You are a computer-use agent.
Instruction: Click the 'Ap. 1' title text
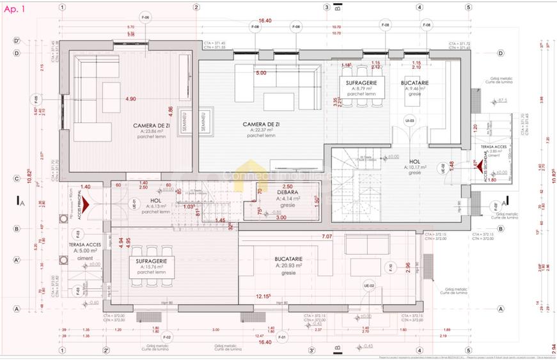coord(15,9)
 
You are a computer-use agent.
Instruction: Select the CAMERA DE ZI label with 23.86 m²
coord(151,125)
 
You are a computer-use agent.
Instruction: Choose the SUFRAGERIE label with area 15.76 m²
coord(151,262)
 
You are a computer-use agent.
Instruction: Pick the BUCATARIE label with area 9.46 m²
coord(415,84)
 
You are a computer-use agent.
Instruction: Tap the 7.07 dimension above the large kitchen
coord(327,237)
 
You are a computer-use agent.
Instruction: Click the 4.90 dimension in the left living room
coord(130,99)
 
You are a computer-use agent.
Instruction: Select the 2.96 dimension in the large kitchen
coord(408,267)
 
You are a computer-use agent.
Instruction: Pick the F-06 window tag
coord(145,16)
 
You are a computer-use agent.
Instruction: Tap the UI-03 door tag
coord(409,120)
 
